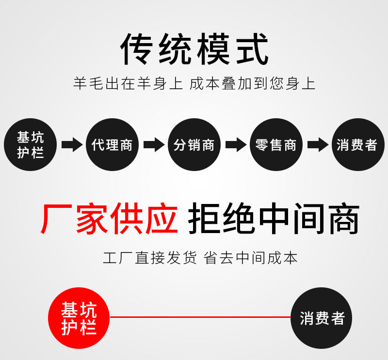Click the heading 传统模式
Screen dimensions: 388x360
click(x=194, y=49)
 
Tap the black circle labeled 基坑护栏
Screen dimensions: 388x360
click(x=30, y=144)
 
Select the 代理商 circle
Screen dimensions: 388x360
click(x=112, y=144)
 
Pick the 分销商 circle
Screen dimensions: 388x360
click(x=194, y=144)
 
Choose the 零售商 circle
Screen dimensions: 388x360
click(x=276, y=144)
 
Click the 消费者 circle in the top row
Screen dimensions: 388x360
click(x=357, y=144)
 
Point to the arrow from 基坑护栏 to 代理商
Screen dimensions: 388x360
click(x=71, y=144)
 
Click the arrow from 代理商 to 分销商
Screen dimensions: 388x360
click(x=153, y=144)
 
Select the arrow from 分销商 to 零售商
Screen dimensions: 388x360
click(x=235, y=144)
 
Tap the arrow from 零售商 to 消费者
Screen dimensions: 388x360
click(x=317, y=144)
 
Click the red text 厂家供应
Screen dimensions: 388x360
click(x=109, y=219)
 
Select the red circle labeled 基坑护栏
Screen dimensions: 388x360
click(x=79, y=318)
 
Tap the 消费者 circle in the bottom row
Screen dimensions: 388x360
click(x=322, y=318)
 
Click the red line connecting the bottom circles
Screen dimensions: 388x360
click(x=200, y=317)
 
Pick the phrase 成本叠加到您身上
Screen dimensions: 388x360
click(x=252, y=83)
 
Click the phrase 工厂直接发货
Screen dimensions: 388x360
click(x=150, y=258)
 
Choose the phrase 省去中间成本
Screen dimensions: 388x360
click(x=250, y=258)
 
